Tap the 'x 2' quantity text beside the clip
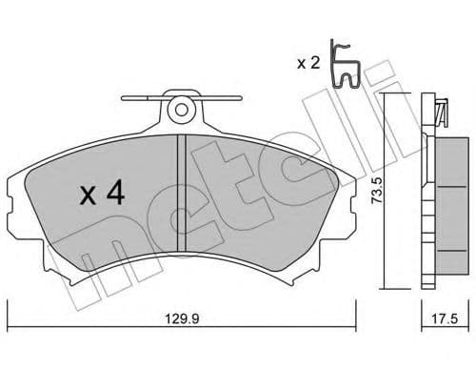tap(307, 63)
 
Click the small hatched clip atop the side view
tap(439, 110)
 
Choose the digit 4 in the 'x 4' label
tap(114, 196)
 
